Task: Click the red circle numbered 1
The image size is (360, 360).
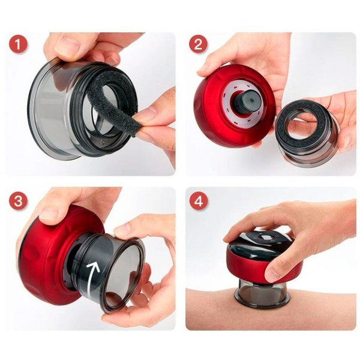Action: pos(18,44)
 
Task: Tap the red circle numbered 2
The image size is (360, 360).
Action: pos(198,44)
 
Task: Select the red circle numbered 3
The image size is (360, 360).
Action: pos(18,200)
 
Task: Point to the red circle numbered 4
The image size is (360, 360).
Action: pos(199,200)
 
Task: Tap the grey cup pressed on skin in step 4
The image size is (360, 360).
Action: pos(262,294)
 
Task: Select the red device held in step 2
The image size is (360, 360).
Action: pos(235,106)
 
